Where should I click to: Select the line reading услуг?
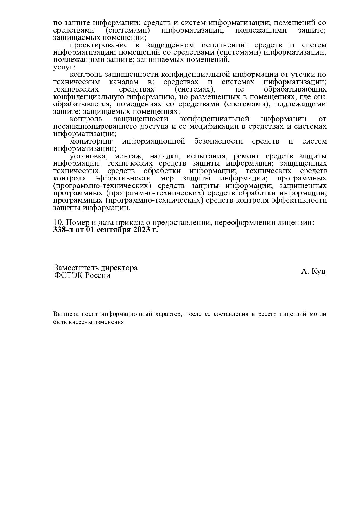click(64, 67)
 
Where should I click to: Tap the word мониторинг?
click(91, 141)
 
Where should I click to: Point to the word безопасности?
click(218, 141)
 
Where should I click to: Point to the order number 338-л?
click(62, 230)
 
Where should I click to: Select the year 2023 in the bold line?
click(142, 230)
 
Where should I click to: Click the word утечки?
click(303, 75)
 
